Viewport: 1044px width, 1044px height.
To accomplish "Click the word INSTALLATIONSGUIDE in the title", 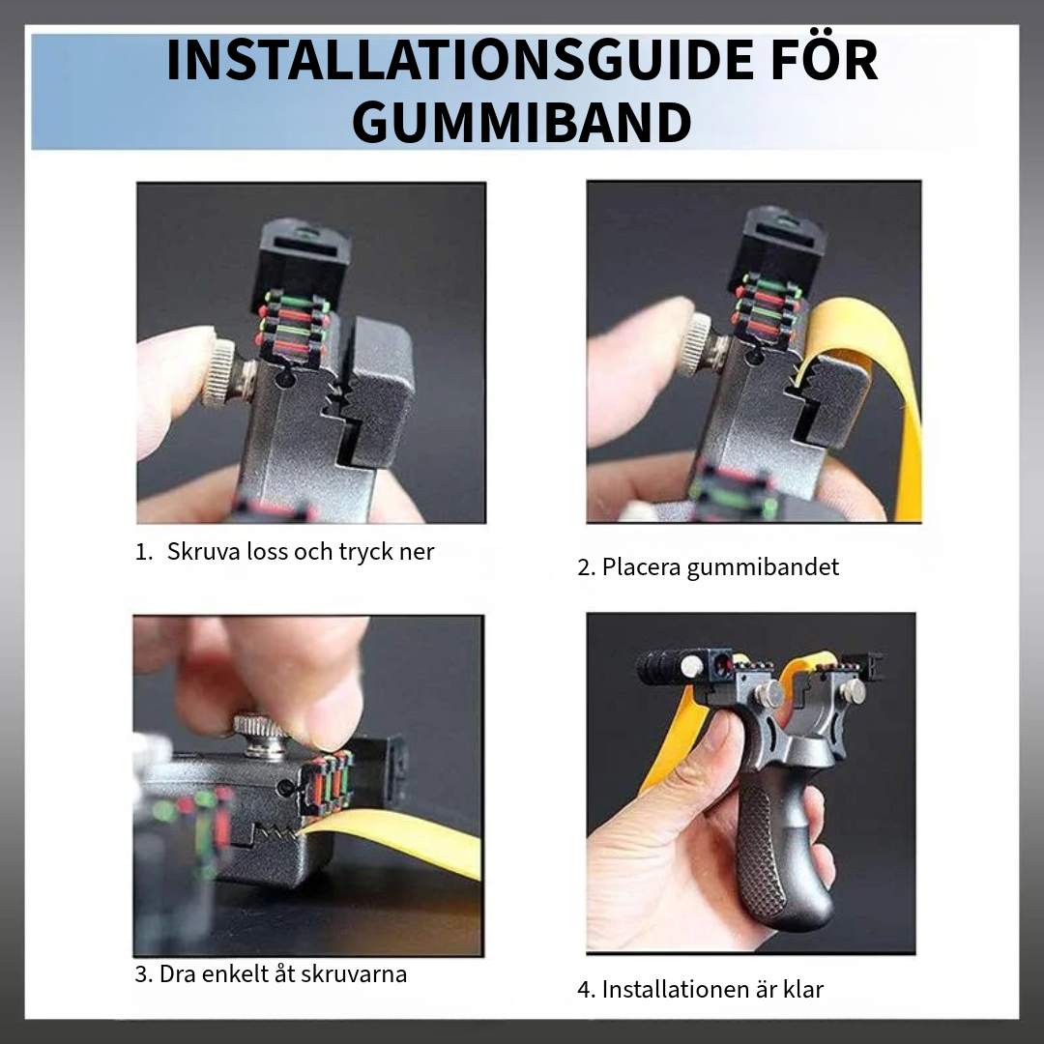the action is coord(457,61).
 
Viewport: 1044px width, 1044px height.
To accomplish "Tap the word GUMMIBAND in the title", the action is coord(522,123).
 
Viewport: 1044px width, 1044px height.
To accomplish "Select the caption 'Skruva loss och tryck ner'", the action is coord(301,552).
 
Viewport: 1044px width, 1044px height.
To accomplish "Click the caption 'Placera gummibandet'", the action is coord(720,567).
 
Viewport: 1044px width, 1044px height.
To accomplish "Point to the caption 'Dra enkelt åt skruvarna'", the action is coord(283,974).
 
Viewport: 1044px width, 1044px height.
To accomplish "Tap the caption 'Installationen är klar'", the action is coord(712,990).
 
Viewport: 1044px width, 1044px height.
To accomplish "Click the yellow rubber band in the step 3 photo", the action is coord(399,835).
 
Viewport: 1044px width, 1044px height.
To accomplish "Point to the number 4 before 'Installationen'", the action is coord(584,990).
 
